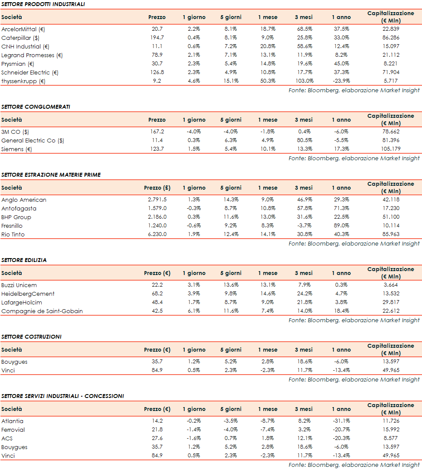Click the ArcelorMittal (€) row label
click(x=23, y=29)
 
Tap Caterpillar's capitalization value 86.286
click(x=391, y=38)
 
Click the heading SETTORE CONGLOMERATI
click(x=36, y=107)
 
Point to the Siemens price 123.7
click(x=157, y=149)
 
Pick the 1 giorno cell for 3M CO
click(x=194, y=132)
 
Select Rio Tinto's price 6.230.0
click(x=157, y=234)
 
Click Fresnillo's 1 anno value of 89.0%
click(x=341, y=226)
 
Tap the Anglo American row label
click(x=24, y=200)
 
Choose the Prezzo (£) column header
click(x=157, y=188)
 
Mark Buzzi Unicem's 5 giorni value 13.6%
click(x=231, y=285)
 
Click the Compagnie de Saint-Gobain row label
click(x=42, y=311)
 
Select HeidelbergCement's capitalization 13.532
click(x=391, y=294)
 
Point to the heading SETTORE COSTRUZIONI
click(x=31, y=336)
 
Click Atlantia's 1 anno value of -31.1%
click(x=341, y=421)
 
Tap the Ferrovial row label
click(x=13, y=430)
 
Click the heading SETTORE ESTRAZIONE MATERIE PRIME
click(x=51, y=175)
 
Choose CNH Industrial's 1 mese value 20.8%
click(x=268, y=46)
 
